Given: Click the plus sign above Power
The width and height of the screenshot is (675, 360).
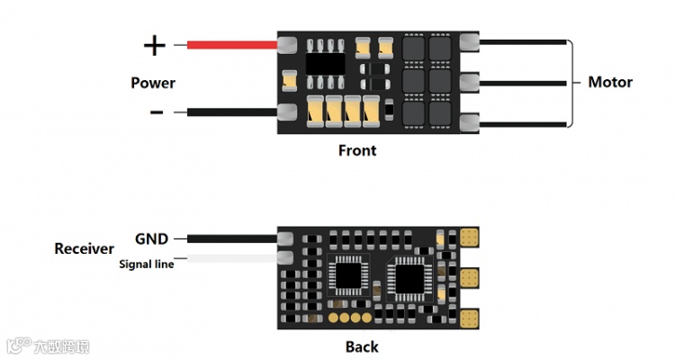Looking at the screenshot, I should pyautogui.click(x=155, y=45).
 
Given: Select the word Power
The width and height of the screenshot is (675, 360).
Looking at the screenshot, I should pyautogui.click(x=153, y=83).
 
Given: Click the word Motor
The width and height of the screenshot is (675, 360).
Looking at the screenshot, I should pyautogui.click(x=610, y=82).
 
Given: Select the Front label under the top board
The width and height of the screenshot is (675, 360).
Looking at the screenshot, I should pyautogui.click(x=357, y=150).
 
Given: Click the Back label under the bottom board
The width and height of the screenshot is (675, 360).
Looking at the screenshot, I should pyautogui.click(x=362, y=346).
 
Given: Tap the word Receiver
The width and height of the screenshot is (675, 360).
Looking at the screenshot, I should pyautogui.click(x=85, y=248).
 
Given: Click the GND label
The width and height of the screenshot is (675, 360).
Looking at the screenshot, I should pyautogui.click(x=151, y=238).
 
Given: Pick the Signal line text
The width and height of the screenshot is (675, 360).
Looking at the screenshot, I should pyautogui.click(x=148, y=264).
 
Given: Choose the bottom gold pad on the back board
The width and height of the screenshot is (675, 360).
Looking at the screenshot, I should pyautogui.click(x=469, y=317).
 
